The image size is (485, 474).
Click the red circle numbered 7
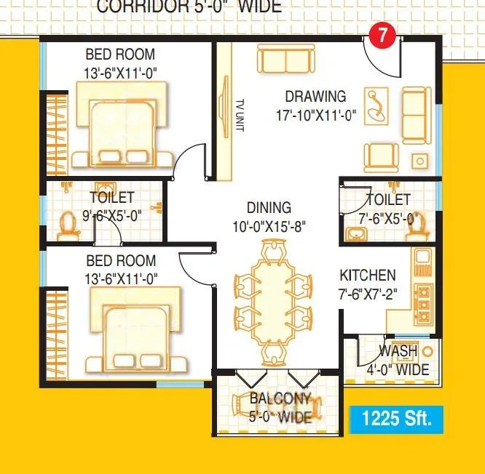click(382, 35)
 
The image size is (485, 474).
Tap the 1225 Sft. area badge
click(396, 419)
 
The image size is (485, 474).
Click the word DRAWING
click(315, 96)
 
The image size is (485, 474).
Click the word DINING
click(269, 208)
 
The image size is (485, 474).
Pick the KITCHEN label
click(368, 276)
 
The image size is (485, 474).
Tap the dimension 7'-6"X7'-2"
click(367, 294)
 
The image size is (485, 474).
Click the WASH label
click(398, 352)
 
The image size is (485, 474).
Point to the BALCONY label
click(280, 399)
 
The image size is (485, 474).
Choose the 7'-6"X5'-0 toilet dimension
click(388, 217)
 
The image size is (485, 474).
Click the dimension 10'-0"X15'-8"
click(269, 226)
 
